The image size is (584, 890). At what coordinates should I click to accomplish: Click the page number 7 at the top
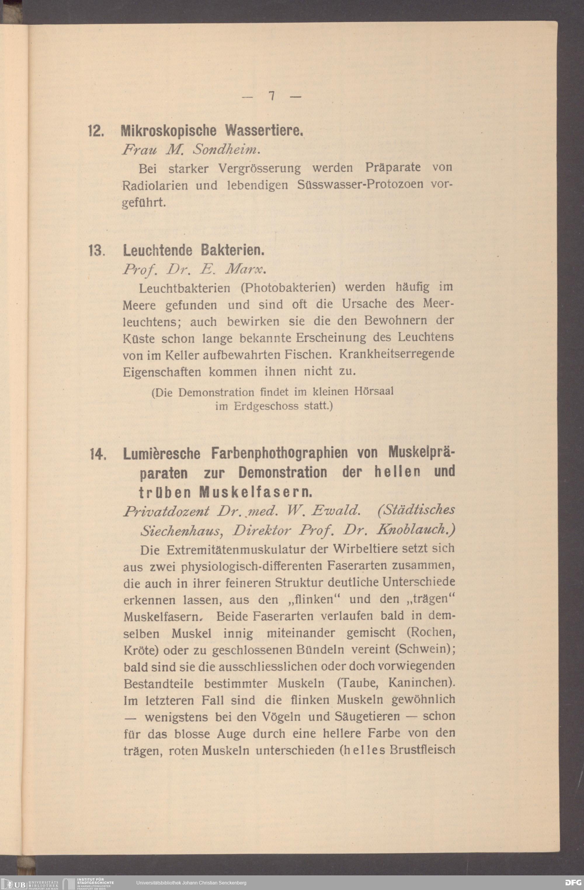(272, 96)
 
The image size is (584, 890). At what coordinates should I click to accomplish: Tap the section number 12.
(96, 131)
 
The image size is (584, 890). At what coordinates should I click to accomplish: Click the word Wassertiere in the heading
(264, 130)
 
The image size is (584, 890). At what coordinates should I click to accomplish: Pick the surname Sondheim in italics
(225, 150)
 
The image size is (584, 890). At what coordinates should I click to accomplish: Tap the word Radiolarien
(155, 185)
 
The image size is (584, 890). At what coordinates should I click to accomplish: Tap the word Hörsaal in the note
(373, 391)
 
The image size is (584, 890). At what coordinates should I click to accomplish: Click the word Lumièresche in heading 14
(161, 454)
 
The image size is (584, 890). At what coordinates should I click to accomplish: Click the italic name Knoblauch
(415, 529)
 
